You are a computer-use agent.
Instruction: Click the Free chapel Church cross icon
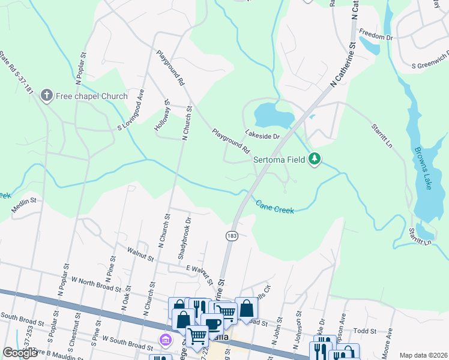[47, 95]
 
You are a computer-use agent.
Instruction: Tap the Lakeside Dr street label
[262, 136]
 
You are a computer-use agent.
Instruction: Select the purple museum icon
[164, 341]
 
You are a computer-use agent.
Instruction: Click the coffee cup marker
[212, 324]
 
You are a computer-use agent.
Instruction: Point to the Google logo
[20, 353]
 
